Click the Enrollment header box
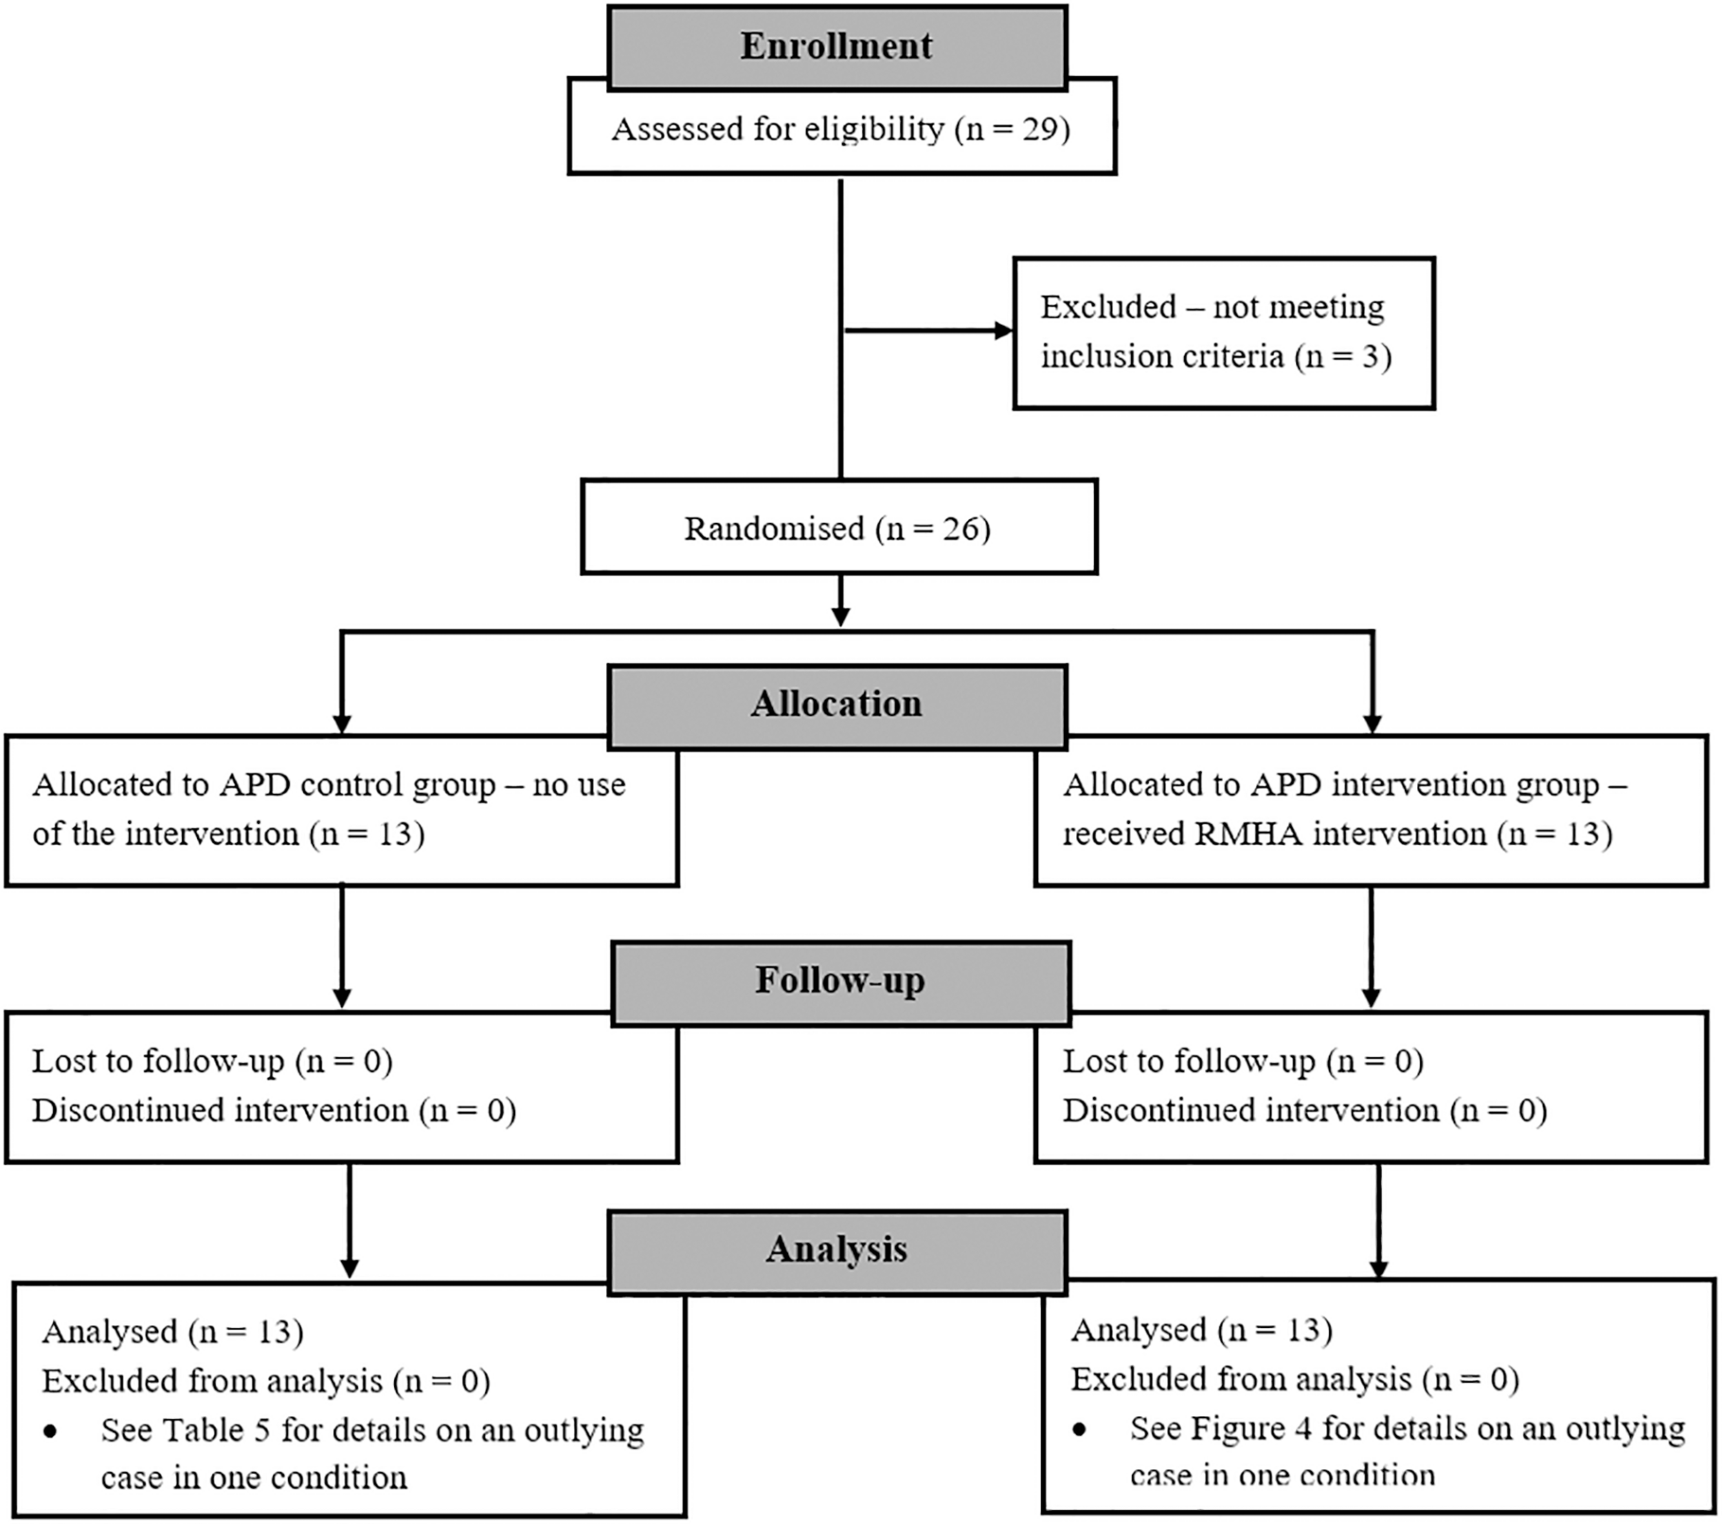pyautogui.click(x=837, y=47)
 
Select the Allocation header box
pyautogui.click(x=837, y=705)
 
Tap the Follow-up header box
pyautogui.click(x=840, y=982)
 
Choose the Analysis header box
pyautogui.click(x=837, y=1250)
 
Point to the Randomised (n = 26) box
pyautogui.click(x=839, y=528)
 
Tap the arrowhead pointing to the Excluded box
pyautogui.click(x=1003, y=330)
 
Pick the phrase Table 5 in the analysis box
pyautogui.click(x=215, y=1430)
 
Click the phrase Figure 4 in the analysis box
pyautogui.click(x=1251, y=1428)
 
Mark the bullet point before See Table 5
pyautogui.click(x=50, y=1431)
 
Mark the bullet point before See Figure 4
pyautogui.click(x=1080, y=1429)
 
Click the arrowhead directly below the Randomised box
pyautogui.click(x=840, y=616)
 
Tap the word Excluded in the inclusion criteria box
pyautogui.click(x=1108, y=307)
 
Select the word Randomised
pyautogui.click(x=775, y=529)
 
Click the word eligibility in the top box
pyautogui.click(x=873, y=129)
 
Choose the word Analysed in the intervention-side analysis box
pyautogui.click(x=1138, y=1329)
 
